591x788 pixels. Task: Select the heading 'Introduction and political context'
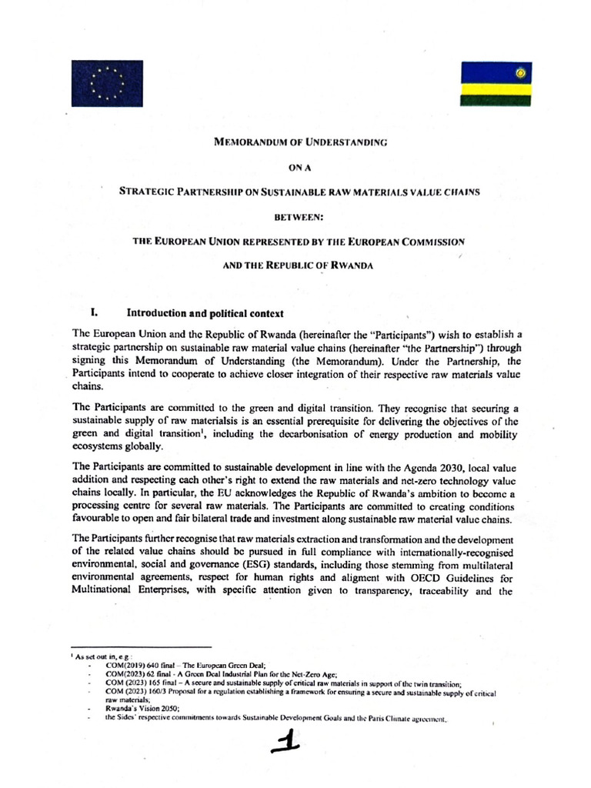195,313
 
